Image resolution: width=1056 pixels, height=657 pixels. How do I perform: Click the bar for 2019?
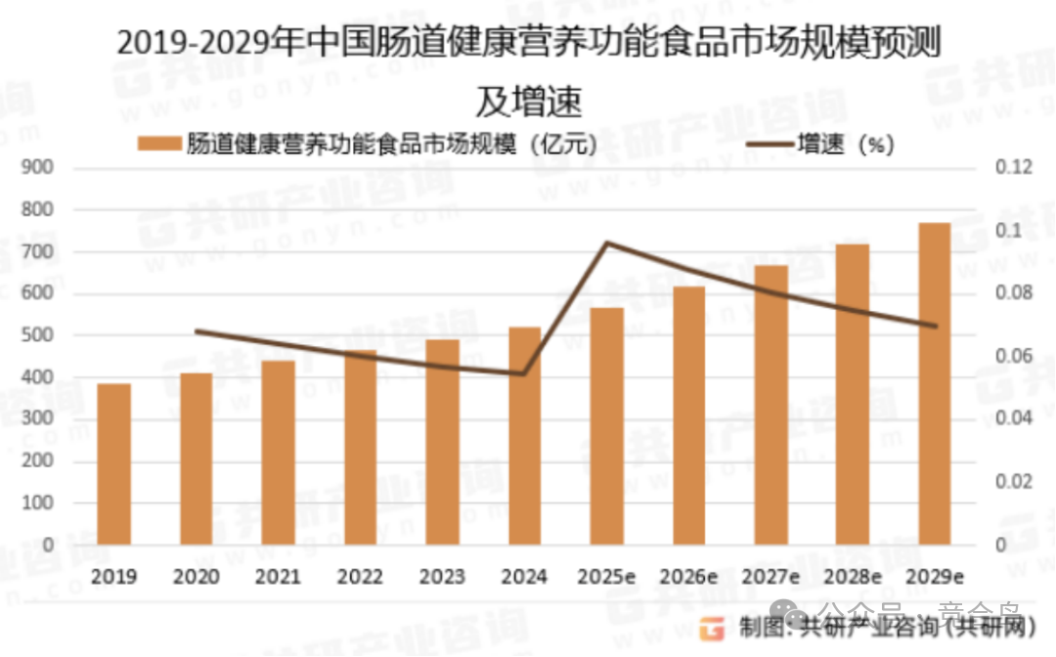113,464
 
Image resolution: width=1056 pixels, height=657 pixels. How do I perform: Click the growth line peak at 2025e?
607,242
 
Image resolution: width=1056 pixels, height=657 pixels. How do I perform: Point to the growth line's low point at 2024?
525,373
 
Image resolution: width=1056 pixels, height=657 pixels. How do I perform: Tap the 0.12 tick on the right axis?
1013,168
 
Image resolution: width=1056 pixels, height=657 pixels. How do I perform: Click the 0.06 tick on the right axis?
1013,356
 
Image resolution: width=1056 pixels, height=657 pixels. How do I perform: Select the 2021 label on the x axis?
279,577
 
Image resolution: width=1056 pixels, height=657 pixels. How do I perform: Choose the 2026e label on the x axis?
689,577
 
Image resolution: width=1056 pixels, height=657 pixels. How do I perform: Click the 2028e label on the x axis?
854,577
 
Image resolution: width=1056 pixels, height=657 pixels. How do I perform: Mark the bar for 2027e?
771,405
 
